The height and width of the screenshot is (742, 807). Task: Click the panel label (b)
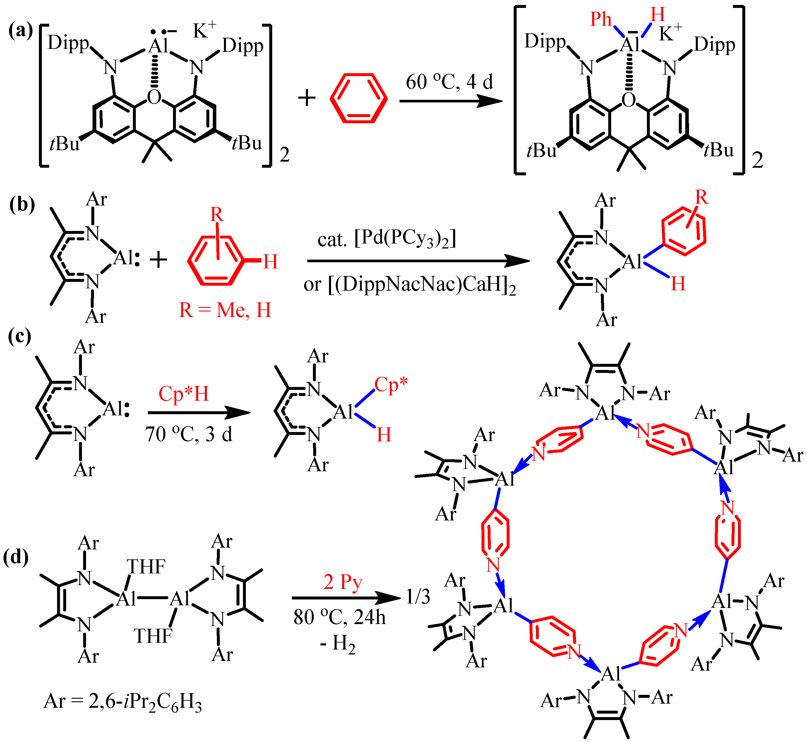click(22, 205)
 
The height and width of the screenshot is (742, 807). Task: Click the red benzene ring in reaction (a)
click(358, 98)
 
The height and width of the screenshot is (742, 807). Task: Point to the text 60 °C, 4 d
click(449, 82)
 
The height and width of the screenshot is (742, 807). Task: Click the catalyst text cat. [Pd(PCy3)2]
click(387, 239)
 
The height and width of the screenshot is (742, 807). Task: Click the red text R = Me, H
click(225, 310)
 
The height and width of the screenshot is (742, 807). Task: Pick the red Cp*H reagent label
click(184, 393)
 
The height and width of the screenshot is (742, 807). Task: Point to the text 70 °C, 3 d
click(189, 434)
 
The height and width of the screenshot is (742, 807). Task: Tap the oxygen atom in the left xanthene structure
click(154, 97)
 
